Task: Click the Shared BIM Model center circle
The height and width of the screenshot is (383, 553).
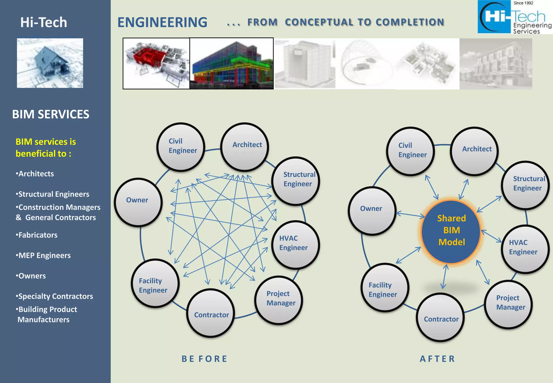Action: pos(451,231)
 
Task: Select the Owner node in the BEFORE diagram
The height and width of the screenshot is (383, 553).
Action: pos(138,202)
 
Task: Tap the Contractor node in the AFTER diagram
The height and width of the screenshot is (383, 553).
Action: pos(440,317)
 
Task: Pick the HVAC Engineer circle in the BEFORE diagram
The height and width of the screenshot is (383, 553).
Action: pos(295,244)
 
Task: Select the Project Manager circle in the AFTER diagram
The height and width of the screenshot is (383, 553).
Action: pos(508,304)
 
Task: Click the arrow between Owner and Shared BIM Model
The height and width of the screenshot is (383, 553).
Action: pos(410,215)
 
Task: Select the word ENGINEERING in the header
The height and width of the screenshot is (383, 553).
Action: pos(162,22)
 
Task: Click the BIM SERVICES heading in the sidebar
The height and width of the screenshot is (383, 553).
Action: pos(50,114)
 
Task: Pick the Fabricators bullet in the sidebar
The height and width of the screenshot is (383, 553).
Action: pos(37,235)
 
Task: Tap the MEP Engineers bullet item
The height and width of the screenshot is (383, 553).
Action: pos(43,256)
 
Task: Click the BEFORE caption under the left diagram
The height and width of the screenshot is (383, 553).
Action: pos(204,359)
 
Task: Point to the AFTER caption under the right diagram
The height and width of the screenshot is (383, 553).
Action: pos(437,359)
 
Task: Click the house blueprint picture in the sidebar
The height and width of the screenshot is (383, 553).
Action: pos(50,63)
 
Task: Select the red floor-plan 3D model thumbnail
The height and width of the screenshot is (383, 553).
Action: pos(156,63)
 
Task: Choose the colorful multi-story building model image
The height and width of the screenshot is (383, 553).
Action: pos(232,63)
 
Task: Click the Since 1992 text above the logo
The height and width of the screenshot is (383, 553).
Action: pos(523,3)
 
